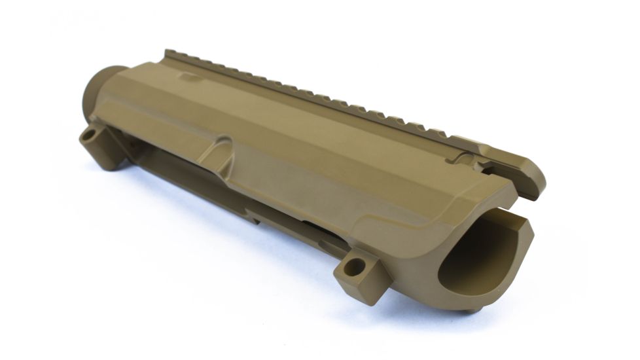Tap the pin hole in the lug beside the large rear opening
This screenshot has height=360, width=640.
coord(358,266)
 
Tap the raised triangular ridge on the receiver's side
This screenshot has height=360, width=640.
coord(216,150)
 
